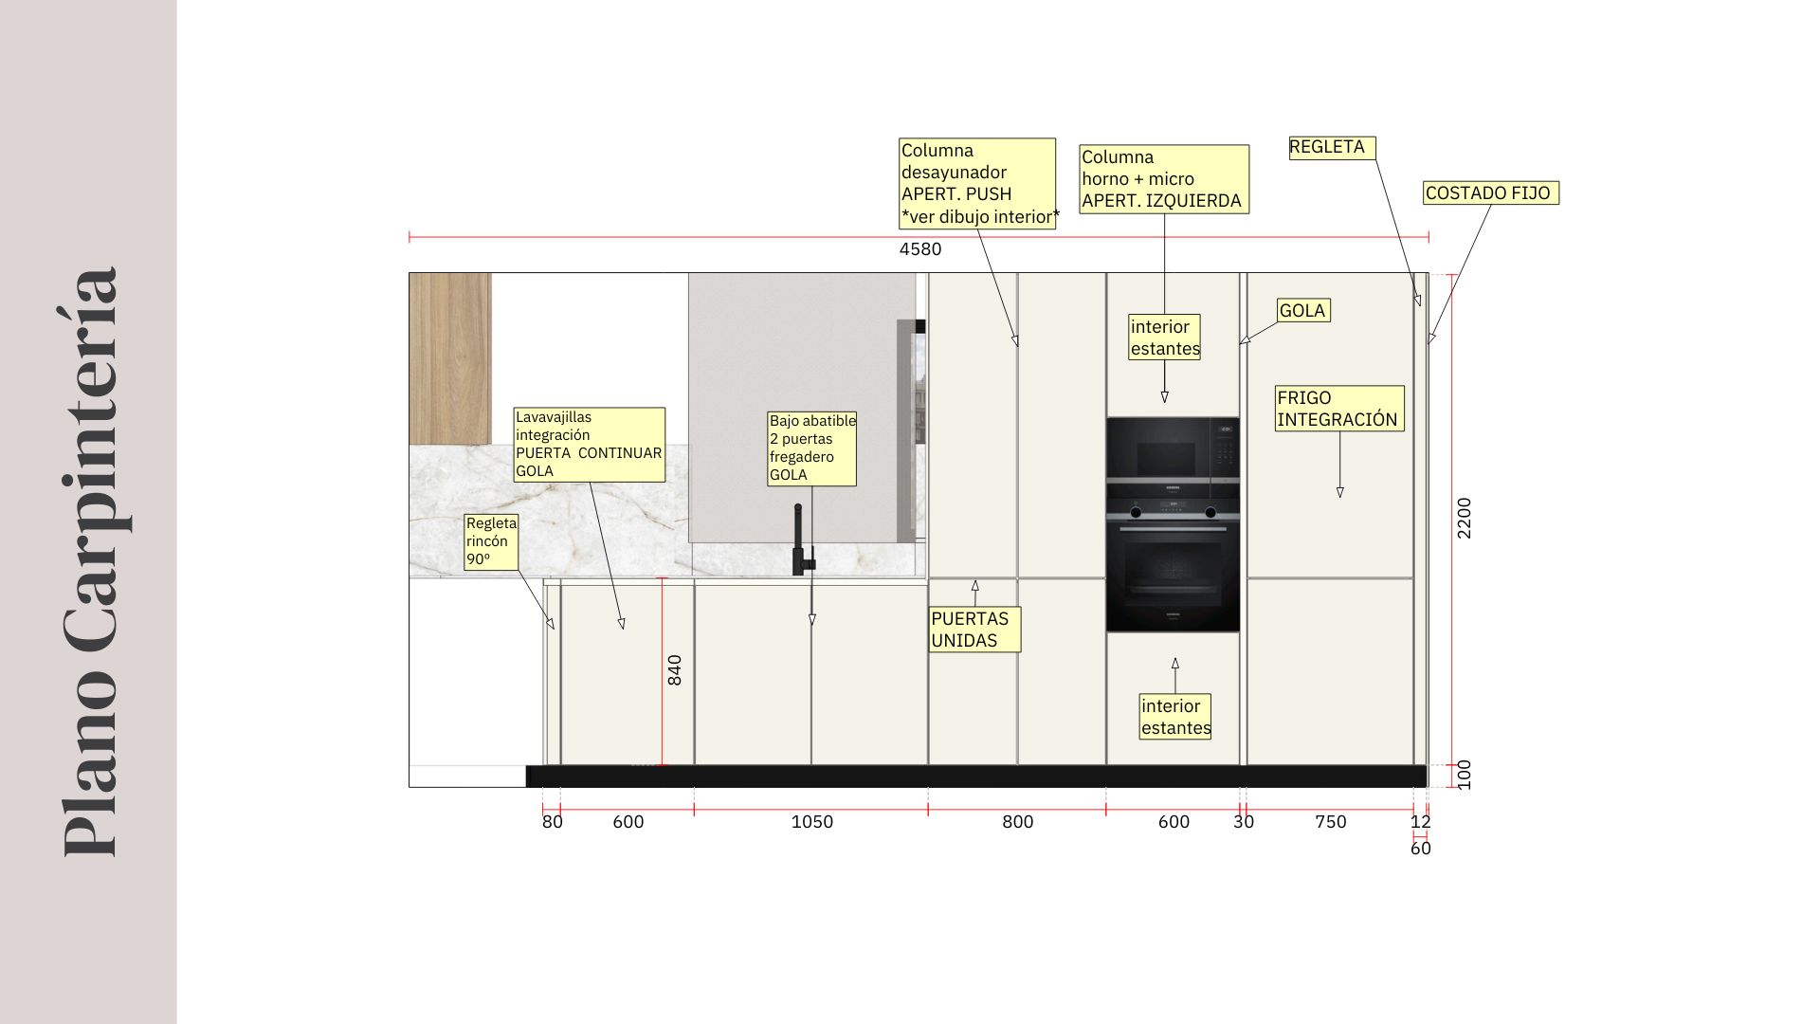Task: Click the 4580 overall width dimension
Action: point(920,249)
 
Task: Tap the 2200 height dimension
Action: point(1465,518)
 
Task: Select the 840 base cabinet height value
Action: point(675,670)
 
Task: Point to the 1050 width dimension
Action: point(812,822)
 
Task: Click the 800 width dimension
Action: point(1018,822)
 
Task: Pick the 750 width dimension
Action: point(1331,822)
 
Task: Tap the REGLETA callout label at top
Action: point(1332,148)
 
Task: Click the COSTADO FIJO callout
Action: point(1491,193)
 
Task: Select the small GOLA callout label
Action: point(1303,311)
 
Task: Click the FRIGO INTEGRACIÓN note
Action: point(1339,409)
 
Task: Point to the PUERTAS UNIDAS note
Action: point(974,630)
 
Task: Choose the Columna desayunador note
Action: point(977,184)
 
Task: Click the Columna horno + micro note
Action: point(1164,179)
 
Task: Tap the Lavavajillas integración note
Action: point(590,445)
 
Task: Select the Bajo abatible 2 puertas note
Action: point(812,448)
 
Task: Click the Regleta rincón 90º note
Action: point(492,542)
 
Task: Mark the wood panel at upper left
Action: point(450,358)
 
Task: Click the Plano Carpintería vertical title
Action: point(92,562)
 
